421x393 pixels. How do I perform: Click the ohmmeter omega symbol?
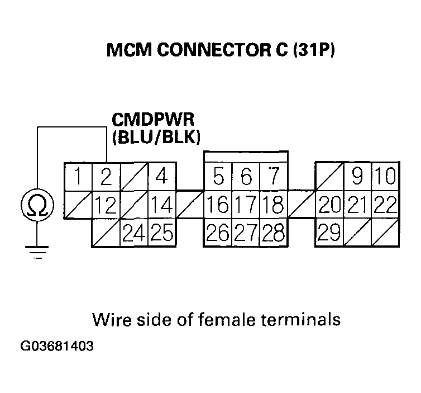click(37, 206)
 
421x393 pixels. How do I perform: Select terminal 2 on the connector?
click(106, 177)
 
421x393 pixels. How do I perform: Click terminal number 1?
click(78, 177)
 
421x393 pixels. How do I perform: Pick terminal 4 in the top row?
click(162, 177)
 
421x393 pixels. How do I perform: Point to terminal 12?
click(106, 205)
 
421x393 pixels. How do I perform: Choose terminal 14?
click(162, 205)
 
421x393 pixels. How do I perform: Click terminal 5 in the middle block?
click(219, 178)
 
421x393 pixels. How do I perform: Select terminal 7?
click(274, 178)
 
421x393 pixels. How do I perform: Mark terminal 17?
click(246, 205)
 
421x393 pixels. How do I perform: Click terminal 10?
click(385, 178)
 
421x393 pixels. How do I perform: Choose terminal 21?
click(358, 205)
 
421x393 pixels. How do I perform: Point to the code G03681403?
click(57, 346)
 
